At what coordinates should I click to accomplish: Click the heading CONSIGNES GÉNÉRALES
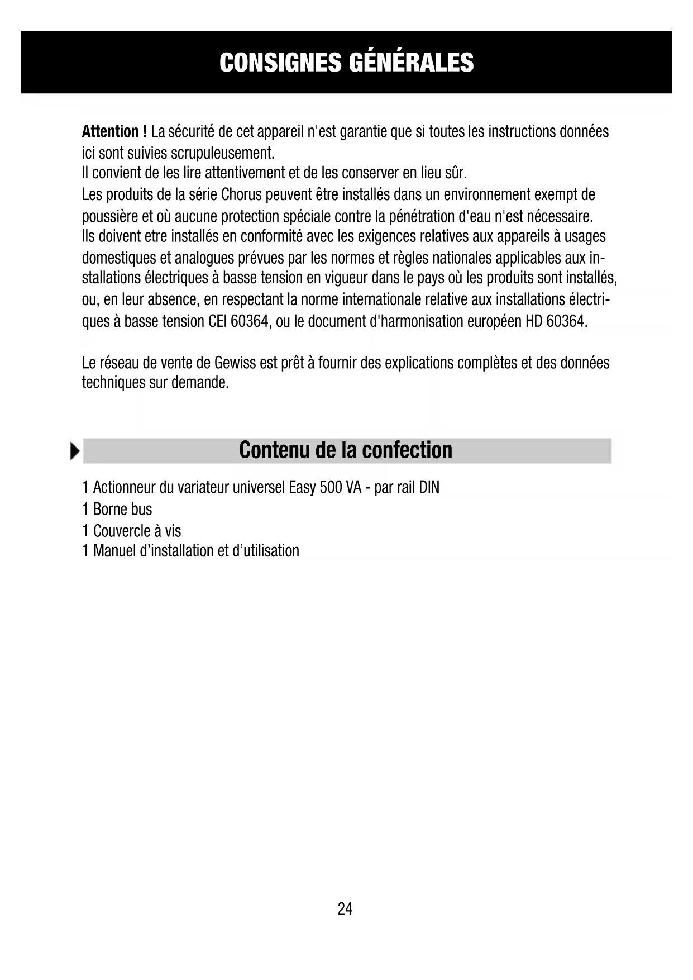point(346,62)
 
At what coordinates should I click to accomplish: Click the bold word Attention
point(111,132)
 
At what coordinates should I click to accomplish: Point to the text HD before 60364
point(534,321)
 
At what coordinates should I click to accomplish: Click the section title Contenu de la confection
point(346,450)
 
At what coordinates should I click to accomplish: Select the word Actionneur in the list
point(124,488)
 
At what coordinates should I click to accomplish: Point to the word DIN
point(429,488)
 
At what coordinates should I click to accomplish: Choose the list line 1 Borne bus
point(117,510)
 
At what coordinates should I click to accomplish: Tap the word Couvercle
point(122,531)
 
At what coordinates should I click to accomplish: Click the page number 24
point(345,909)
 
